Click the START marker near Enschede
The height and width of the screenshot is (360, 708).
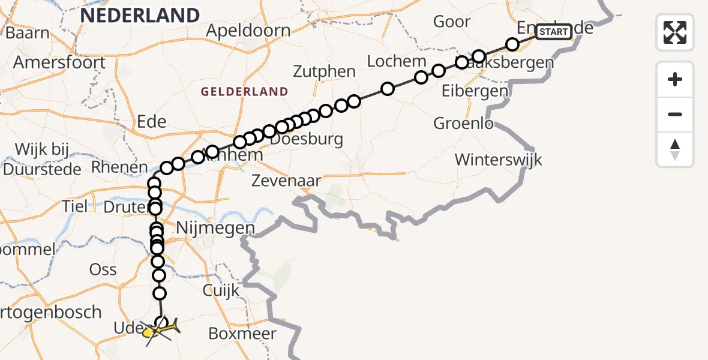[553, 32]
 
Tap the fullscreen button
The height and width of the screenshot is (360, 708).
[675, 32]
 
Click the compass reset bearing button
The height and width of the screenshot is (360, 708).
[675, 150]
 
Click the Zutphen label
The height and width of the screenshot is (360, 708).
[325, 71]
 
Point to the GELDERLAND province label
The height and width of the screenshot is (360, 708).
[244, 92]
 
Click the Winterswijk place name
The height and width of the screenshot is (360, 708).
[498, 160]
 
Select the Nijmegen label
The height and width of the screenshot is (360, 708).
[215, 229]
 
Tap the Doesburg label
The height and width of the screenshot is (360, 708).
[307, 140]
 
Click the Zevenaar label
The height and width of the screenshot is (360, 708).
[286, 180]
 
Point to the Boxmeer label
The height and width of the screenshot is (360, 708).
[242, 334]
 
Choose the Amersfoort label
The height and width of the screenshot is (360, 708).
[59, 62]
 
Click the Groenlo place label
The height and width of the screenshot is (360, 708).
[464, 124]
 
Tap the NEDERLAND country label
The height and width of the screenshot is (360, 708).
[140, 16]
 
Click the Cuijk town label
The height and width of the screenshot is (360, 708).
[221, 290]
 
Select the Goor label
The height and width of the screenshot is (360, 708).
[452, 22]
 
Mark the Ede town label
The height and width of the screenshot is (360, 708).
[151, 122]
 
